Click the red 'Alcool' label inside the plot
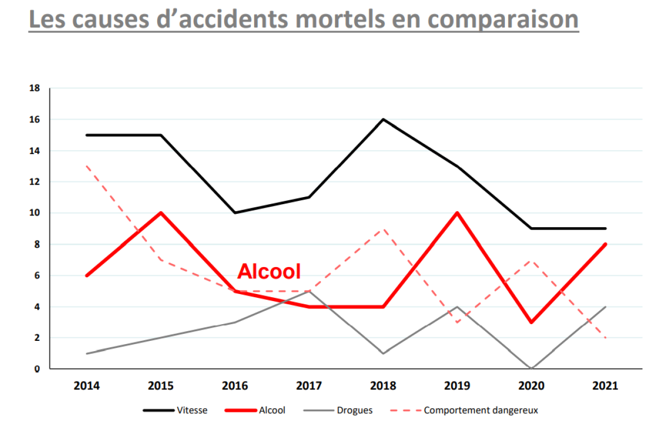pos(269,271)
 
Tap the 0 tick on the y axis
pos(37,369)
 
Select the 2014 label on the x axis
pos(87,386)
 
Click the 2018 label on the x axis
pos(383,386)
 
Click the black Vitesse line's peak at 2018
pos(383,119)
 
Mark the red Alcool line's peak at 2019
pos(457,213)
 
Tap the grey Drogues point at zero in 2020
pos(532,369)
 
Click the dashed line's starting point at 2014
pos(87,166)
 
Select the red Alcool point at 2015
pos(161,213)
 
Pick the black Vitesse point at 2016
pos(235,213)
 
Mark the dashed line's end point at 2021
pos(606,338)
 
